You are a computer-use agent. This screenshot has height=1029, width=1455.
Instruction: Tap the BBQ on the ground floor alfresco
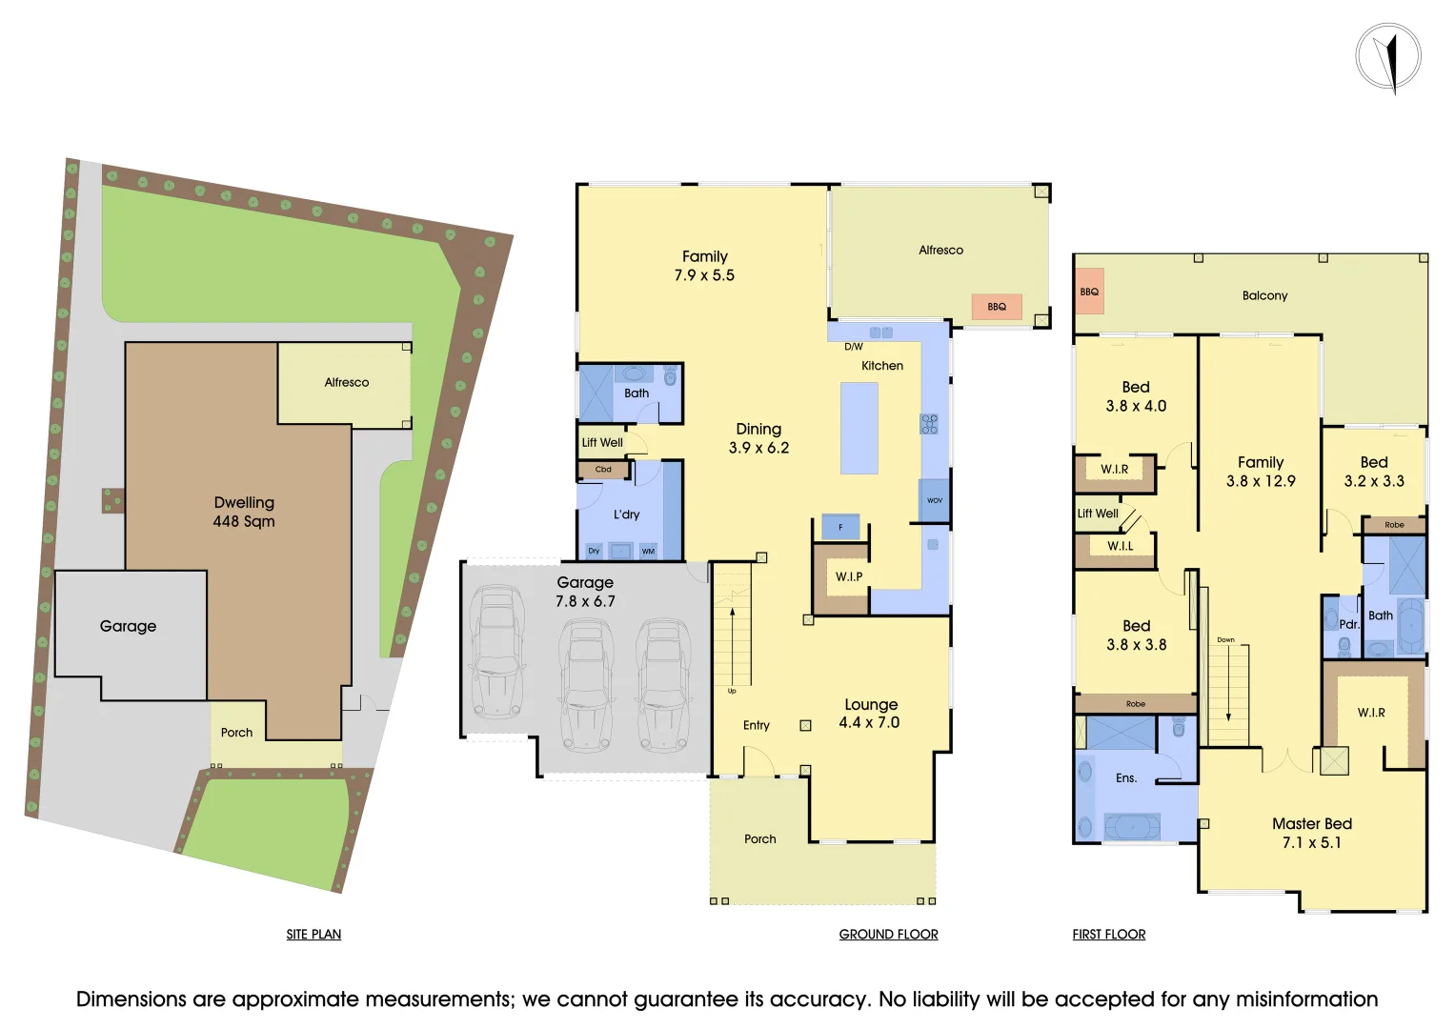point(997,307)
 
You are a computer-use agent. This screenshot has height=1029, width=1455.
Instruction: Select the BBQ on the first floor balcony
point(1089,292)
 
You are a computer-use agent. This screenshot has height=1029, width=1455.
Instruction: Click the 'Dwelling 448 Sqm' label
point(244,512)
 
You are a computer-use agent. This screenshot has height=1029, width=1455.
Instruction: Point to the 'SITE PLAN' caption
point(313,935)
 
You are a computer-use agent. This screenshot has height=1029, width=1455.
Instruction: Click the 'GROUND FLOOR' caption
point(888,935)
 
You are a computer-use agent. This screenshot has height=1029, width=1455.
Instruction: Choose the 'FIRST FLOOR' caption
point(1109,935)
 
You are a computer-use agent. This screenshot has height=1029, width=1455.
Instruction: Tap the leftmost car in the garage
point(495,652)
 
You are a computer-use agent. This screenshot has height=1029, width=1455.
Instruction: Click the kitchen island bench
point(859,428)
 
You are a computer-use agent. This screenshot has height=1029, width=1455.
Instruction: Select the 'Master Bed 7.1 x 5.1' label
point(1311,833)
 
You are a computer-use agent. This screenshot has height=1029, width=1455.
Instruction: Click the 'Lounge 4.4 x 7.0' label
point(870,714)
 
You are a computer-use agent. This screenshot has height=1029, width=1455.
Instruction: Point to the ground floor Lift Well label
point(602,442)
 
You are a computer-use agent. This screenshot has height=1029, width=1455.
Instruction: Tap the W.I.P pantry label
point(849,576)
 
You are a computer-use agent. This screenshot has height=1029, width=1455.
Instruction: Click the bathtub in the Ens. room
point(1132,826)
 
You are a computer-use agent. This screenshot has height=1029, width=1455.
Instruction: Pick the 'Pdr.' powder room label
point(1348,624)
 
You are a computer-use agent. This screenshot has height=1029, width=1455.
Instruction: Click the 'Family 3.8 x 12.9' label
point(1261,472)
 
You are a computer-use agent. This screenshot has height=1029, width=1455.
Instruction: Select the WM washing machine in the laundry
point(648,551)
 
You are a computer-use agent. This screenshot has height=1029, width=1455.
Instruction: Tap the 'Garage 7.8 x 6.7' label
point(585,592)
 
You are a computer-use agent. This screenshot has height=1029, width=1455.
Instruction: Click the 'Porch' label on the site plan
point(237,733)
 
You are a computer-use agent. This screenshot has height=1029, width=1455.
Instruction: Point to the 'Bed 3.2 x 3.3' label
point(1374,472)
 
